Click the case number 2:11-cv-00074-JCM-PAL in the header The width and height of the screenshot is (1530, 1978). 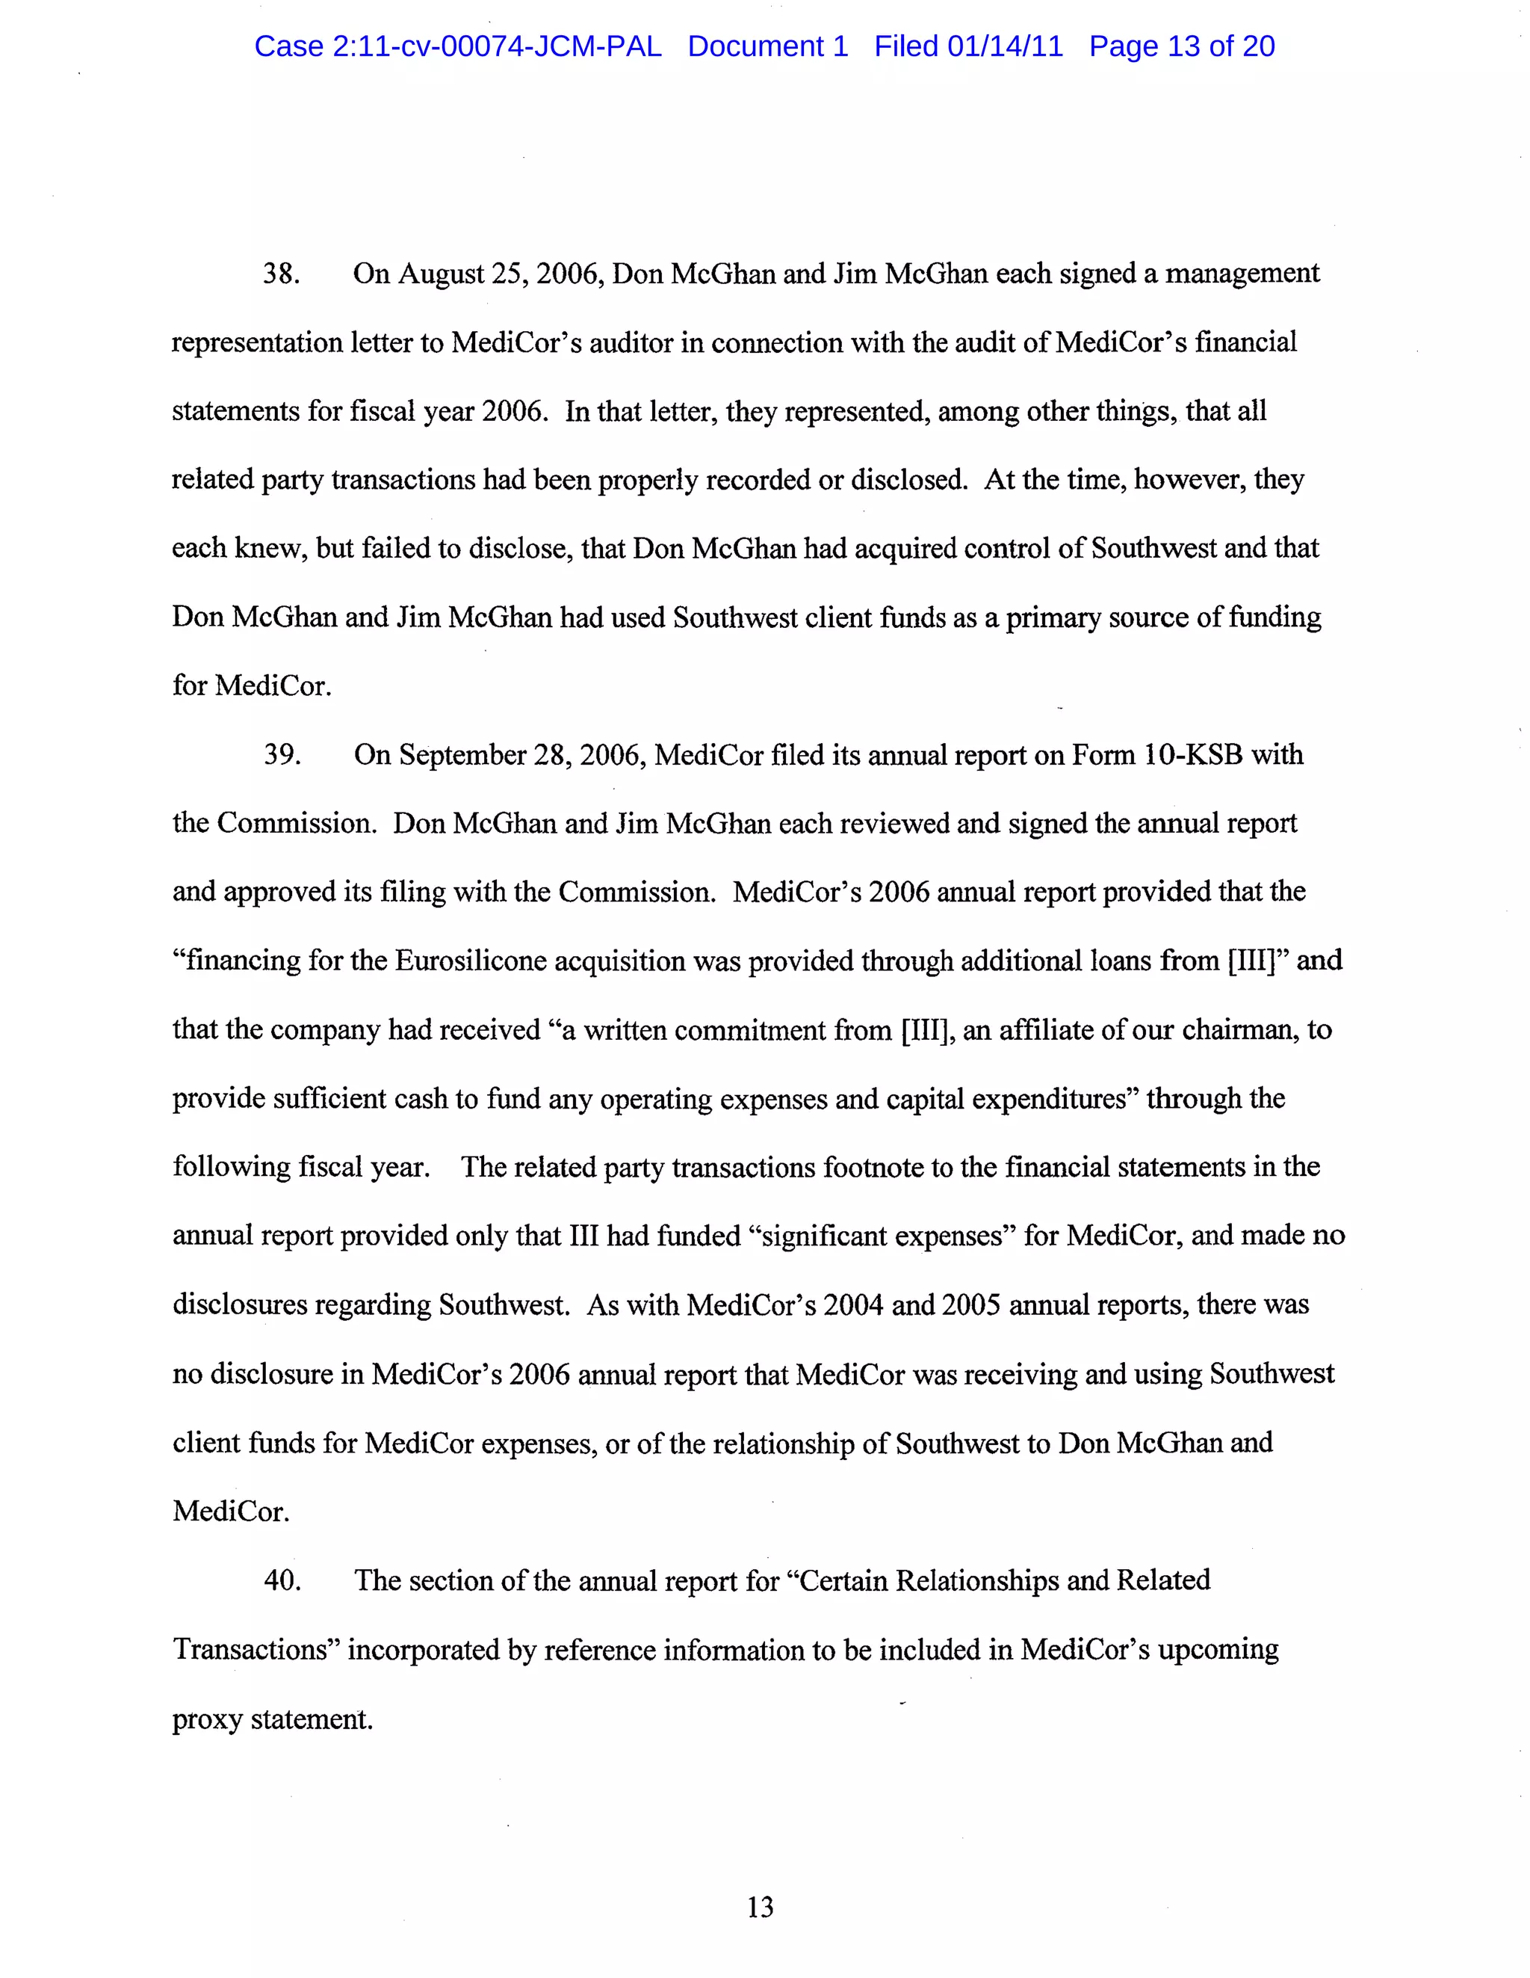point(496,46)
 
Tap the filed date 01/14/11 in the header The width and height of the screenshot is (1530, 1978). point(1005,46)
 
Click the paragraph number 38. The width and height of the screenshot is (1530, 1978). point(281,274)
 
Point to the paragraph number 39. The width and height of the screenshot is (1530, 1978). point(282,754)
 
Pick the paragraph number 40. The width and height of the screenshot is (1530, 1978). point(282,1580)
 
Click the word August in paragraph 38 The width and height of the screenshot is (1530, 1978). point(441,274)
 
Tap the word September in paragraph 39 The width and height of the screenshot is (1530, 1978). point(462,754)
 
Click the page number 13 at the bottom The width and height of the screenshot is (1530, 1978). point(760,1908)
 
